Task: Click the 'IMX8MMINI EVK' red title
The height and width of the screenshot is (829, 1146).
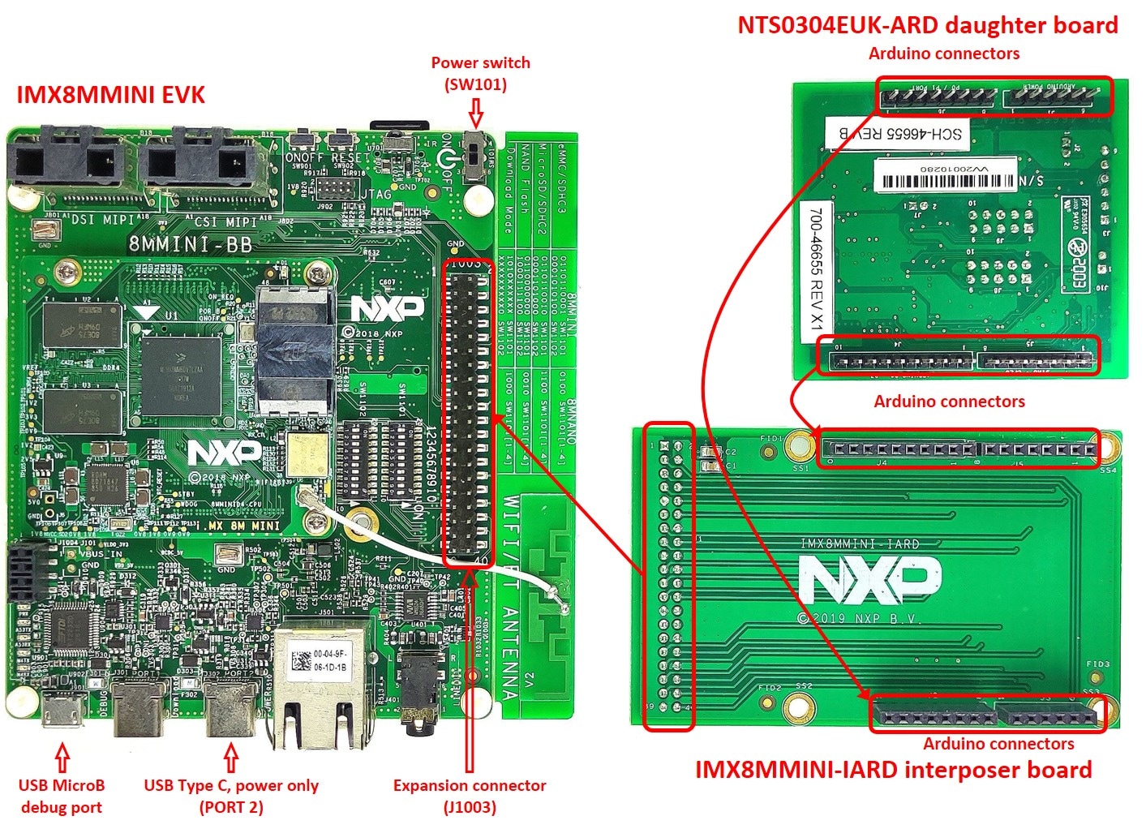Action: [x=110, y=95]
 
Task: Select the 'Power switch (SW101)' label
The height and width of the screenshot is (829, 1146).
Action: [x=480, y=73]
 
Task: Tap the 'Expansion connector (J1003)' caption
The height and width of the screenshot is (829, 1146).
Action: [x=470, y=796]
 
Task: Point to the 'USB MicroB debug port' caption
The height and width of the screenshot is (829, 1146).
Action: [x=62, y=796]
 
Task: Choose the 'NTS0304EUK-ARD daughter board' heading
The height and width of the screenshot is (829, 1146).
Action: [x=927, y=25]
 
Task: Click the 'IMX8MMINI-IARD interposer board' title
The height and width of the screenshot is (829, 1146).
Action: [x=893, y=769]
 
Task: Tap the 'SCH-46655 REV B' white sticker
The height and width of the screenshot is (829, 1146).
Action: [x=895, y=132]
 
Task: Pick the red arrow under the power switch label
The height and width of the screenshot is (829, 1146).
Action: [x=476, y=110]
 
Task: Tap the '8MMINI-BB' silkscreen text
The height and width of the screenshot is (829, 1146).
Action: [x=189, y=244]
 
